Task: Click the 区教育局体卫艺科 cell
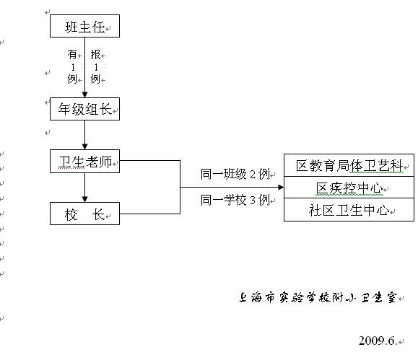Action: point(349,165)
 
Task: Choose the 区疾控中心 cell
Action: point(349,188)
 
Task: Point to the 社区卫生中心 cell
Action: point(349,210)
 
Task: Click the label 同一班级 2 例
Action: point(235,175)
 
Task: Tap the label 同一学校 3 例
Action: point(235,200)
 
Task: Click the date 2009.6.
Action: point(378,341)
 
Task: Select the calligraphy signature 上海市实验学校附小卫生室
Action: point(318,297)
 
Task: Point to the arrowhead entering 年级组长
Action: point(84,95)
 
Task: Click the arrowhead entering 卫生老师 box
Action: point(84,147)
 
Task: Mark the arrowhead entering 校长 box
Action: point(84,199)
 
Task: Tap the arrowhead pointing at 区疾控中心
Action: point(281,187)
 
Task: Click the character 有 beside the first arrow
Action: point(72,54)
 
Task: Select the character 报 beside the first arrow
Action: point(95,54)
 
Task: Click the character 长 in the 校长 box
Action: point(98,214)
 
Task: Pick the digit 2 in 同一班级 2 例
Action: point(253,175)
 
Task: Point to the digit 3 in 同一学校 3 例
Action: point(253,200)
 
